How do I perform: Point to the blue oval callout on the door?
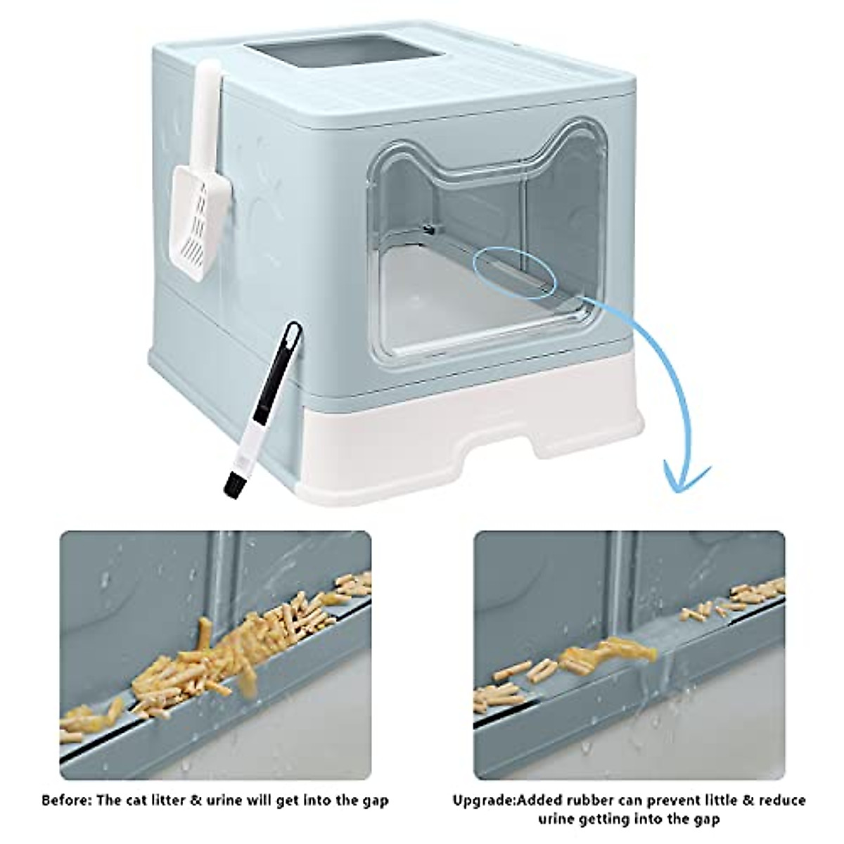coord(514,277)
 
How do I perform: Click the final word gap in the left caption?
coord(373,800)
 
